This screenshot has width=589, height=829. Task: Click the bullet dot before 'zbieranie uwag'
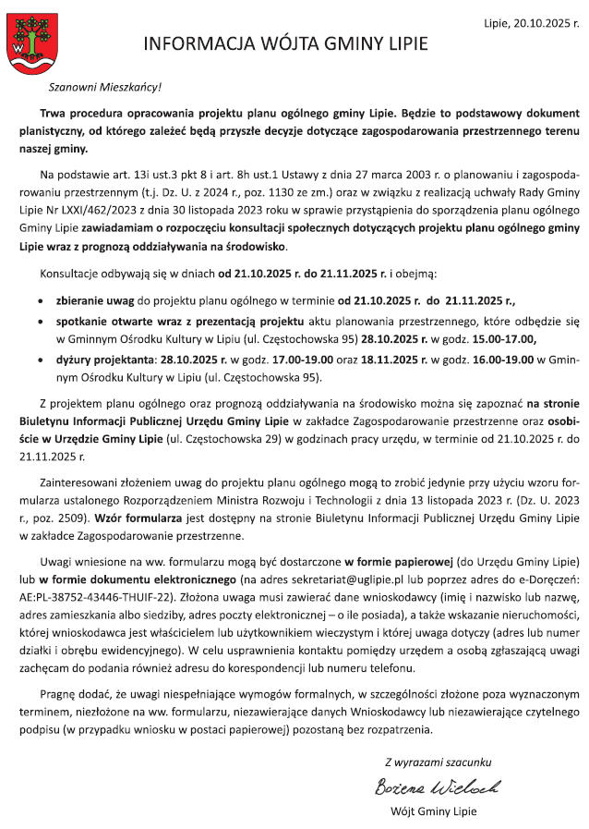(36, 302)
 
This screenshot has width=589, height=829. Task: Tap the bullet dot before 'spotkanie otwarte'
(36, 323)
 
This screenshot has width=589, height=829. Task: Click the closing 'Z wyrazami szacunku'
(438, 762)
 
